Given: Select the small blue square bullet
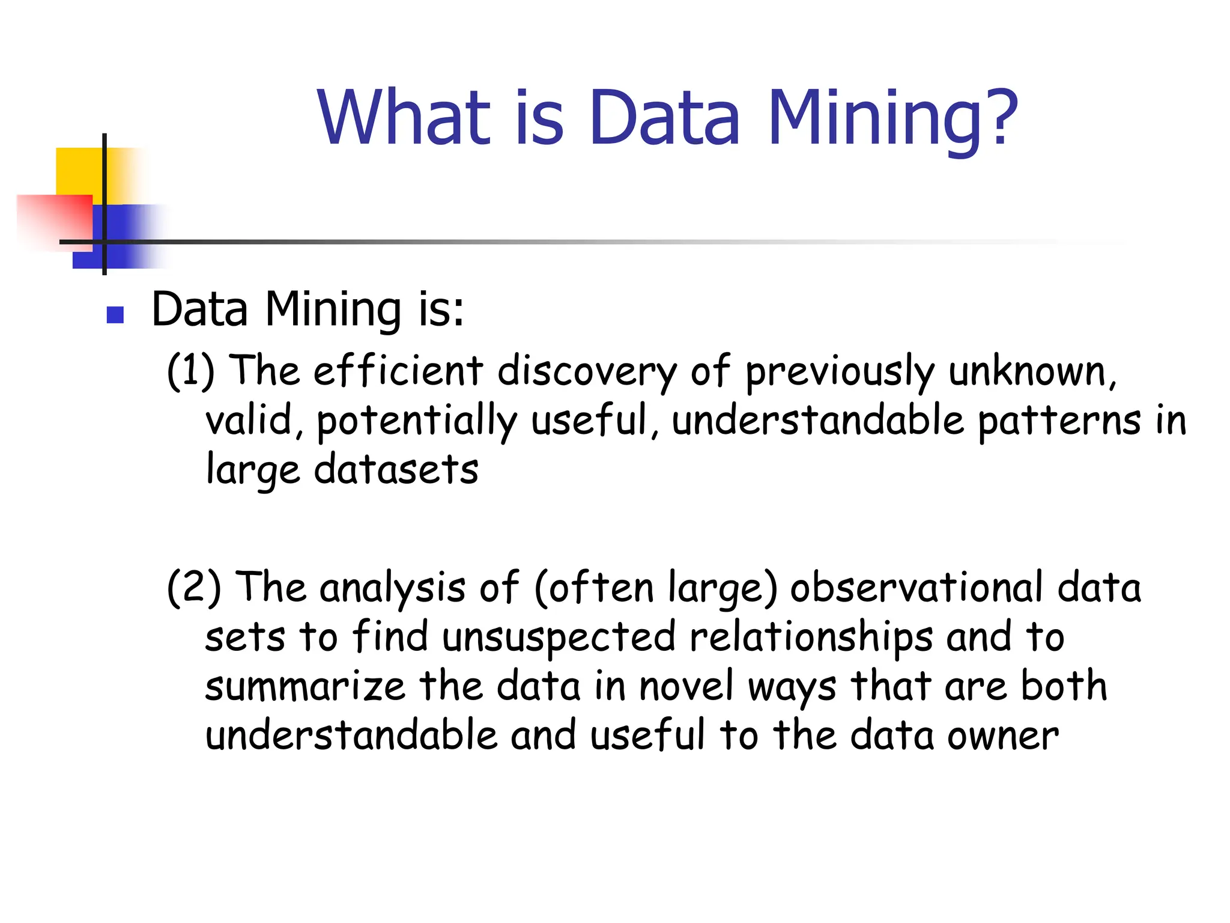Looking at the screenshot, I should (x=115, y=315).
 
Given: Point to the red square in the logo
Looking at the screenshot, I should (x=54, y=219).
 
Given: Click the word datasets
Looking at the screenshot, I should (x=396, y=469).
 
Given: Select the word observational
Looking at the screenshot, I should (x=916, y=588).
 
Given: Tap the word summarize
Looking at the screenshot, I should (x=305, y=686).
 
